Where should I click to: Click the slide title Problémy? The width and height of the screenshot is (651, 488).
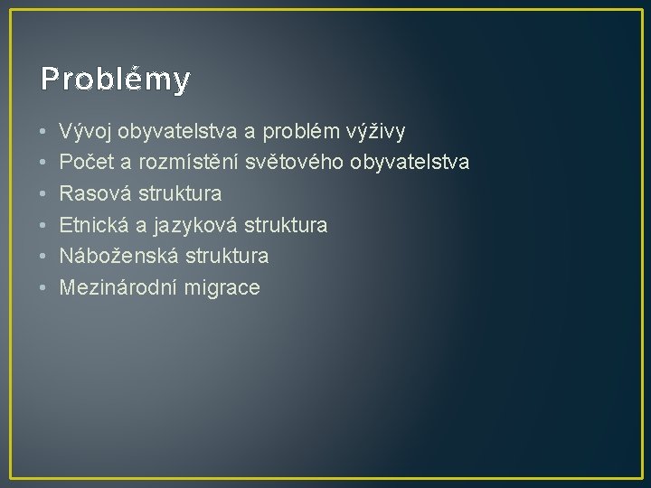115,80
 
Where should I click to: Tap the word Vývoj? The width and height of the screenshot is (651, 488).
83,132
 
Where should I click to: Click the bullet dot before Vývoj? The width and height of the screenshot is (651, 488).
42,133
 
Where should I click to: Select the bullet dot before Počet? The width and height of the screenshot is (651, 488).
42,164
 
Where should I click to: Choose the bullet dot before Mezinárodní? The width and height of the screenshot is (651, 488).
42,288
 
